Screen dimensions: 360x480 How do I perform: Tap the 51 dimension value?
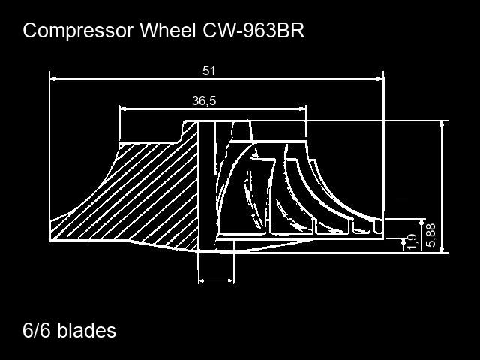coord(209,70)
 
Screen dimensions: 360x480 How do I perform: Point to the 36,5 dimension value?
coord(204,101)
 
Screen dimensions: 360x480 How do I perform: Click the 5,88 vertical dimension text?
coord(430,235)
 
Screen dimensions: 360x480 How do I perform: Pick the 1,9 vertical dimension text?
coord(411,242)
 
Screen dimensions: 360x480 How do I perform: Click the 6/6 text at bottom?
coord(36,330)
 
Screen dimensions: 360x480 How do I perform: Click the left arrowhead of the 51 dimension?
coord(54,77)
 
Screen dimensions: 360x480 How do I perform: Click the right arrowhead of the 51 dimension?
coord(379,77)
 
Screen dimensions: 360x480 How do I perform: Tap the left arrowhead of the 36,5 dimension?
coord(124,108)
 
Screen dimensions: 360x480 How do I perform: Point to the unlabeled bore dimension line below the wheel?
coord(216,281)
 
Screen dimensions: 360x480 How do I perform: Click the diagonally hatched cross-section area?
coord(150,195)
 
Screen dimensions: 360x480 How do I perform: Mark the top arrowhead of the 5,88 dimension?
coord(442,124)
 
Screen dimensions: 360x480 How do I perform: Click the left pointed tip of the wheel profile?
coord(52,240)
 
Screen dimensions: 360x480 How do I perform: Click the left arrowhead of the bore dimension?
coord(201,281)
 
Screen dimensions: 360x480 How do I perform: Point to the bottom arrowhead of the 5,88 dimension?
coord(442,248)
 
